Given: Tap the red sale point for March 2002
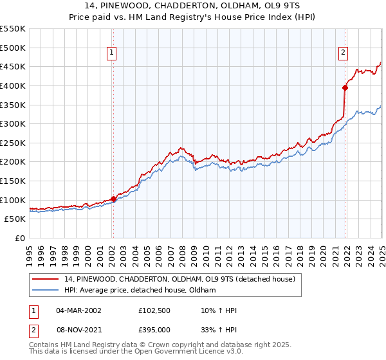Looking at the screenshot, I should (113, 199).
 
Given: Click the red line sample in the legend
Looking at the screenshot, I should (46, 279).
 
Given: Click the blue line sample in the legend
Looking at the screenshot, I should (46, 291).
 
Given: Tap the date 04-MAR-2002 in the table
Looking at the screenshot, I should (78, 310).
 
